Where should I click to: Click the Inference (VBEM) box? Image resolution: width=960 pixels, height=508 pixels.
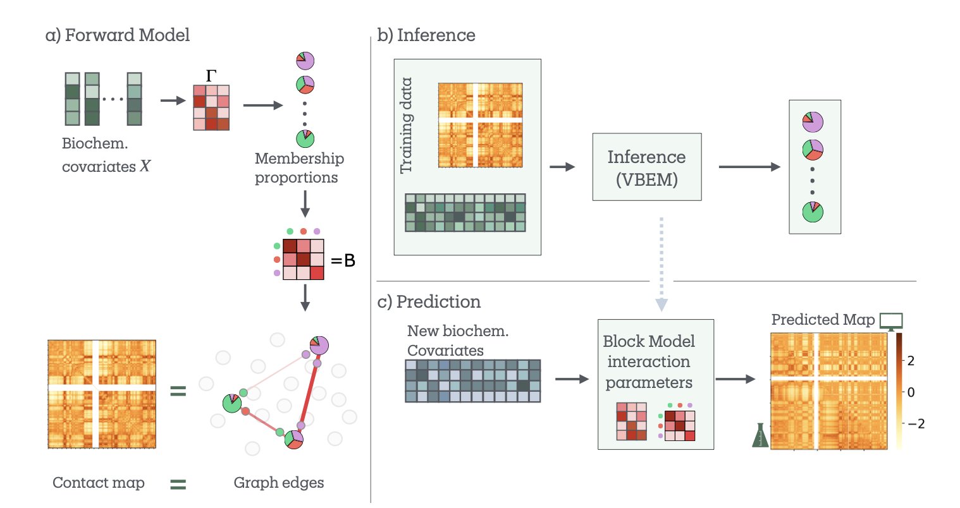tap(646, 167)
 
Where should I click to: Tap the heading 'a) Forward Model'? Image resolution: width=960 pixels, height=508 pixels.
tap(118, 35)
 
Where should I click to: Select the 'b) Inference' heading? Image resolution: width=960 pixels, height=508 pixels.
tap(426, 35)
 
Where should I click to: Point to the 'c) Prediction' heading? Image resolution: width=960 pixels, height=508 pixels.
tap(429, 302)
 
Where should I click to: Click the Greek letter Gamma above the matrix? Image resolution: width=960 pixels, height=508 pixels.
tap(211, 76)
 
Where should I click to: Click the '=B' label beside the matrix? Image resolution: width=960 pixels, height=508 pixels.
tap(343, 260)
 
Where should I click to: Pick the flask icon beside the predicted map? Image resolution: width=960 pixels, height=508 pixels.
tap(760, 435)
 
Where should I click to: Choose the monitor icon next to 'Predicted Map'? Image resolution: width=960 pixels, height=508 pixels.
tap(891, 321)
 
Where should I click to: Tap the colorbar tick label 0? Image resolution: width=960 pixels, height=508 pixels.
tap(911, 392)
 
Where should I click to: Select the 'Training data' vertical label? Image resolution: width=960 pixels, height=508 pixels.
tap(406, 125)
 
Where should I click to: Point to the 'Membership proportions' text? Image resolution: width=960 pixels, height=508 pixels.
tap(299, 168)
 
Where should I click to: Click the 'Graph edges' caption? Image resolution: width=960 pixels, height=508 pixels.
tap(279, 483)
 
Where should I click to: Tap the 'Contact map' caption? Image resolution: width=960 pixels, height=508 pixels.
tap(99, 483)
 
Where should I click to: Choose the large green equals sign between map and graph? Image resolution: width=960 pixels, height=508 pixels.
tap(178, 392)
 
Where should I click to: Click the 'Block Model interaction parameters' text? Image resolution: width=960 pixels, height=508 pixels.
tap(649, 361)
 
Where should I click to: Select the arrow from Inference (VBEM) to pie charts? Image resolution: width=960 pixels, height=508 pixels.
tap(749, 167)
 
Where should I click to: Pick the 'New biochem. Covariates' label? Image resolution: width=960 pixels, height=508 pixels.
tap(458, 341)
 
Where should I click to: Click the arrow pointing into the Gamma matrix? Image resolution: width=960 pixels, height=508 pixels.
tap(172, 100)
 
